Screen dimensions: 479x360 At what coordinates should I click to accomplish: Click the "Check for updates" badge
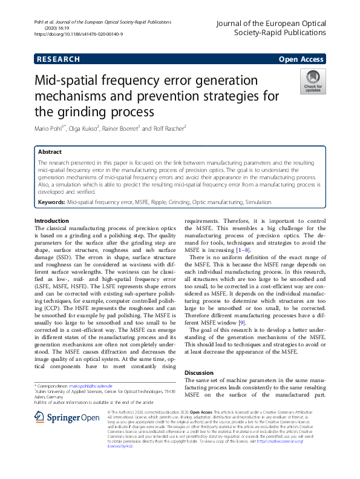312,81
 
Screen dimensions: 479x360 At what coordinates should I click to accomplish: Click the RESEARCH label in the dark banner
58,59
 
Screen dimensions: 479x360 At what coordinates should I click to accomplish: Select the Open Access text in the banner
302,59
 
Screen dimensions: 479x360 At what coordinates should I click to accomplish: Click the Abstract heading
50,152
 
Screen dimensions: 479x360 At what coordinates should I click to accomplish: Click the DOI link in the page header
79,35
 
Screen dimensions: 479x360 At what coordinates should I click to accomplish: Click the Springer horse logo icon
40,417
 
